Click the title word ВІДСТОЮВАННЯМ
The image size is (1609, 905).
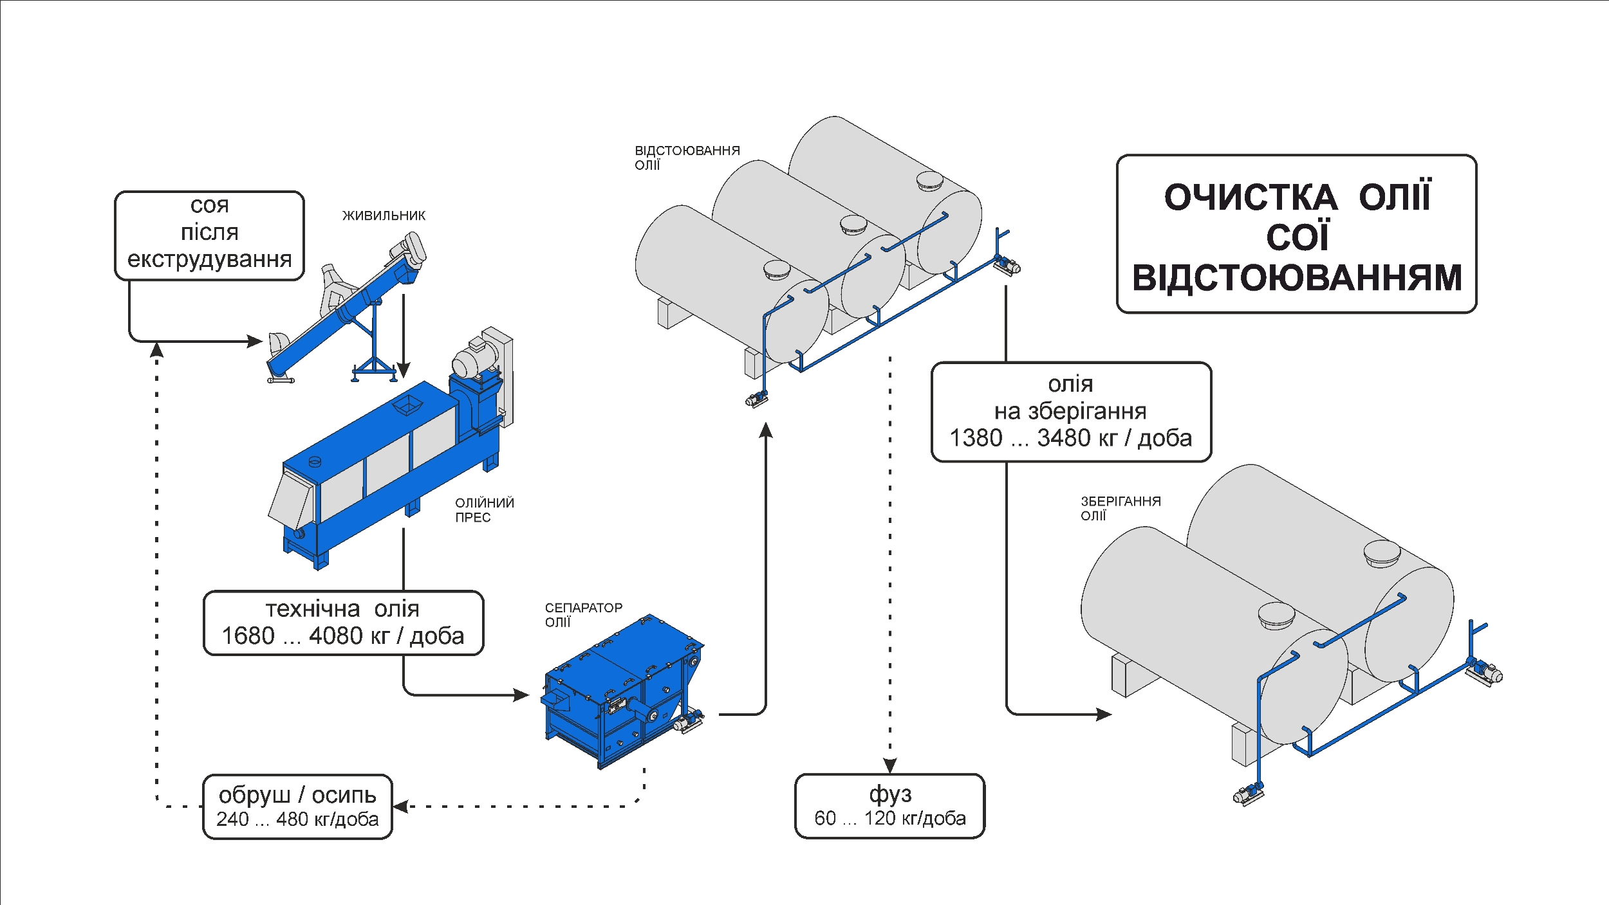[x=1297, y=277]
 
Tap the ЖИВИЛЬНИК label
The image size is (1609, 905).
[x=384, y=215]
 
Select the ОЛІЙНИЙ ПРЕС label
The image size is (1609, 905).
[x=484, y=509]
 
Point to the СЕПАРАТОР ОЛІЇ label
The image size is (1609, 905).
[x=584, y=614]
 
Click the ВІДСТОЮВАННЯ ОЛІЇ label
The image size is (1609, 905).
[x=687, y=158]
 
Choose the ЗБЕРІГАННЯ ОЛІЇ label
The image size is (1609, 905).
[x=1121, y=508]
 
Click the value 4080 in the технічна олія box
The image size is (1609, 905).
[x=336, y=636]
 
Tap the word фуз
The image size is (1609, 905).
[x=890, y=795]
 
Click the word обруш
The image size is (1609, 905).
[x=255, y=796]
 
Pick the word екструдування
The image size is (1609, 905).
[x=210, y=260]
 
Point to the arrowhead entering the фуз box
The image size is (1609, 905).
[x=890, y=765]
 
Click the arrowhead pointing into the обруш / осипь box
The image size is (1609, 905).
[x=400, y=806]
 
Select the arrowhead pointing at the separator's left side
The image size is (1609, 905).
[x=521, y=695]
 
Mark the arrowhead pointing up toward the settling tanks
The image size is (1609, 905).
[x=765, y=430]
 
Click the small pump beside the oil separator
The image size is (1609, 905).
[x=688, y=721]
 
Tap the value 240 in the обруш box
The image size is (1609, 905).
[x=232, y=819]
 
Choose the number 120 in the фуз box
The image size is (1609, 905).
[x=880, y=819]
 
